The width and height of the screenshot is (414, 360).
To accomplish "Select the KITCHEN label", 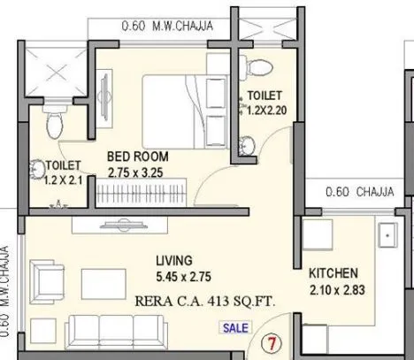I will point(333,272).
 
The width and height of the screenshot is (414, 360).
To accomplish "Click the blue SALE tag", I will point(235,327).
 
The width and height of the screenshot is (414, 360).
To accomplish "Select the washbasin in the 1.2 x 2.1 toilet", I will point(39,169).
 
